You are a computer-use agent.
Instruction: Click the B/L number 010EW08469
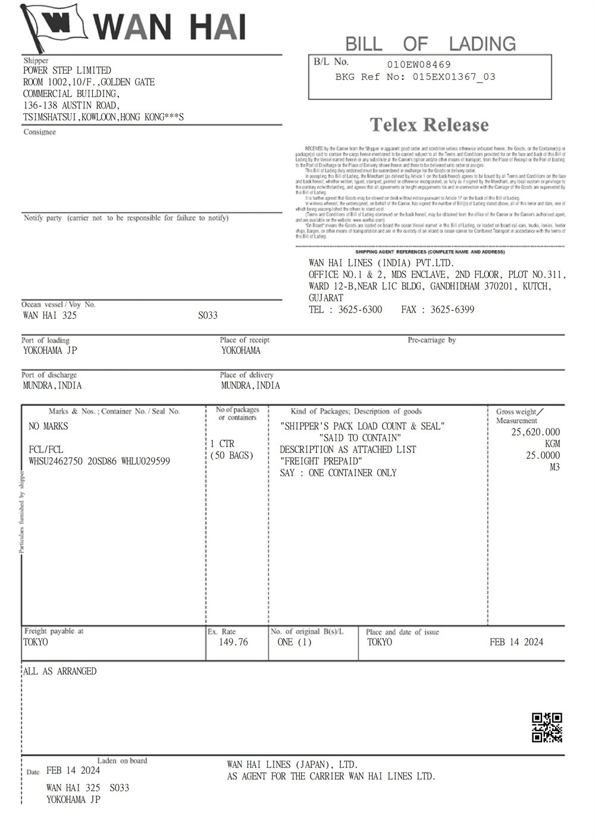(x=419, y=64)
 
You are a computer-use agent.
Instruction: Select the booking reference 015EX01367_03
(x=454, y=77)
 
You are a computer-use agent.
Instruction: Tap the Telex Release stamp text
(x=429, y=125)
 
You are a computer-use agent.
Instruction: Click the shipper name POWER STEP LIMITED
(x=67, y=70)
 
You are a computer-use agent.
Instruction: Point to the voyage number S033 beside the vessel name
(x=208, y=316)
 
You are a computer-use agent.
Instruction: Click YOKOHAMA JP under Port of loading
(x=50, y=351)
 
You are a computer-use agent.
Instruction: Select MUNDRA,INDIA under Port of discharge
(x=52, y=385)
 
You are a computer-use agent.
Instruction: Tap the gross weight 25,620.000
(x=535, y=432)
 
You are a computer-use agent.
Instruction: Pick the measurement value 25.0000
(x=543, y=455)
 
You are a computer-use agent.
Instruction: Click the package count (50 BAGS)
(x=232, y=455)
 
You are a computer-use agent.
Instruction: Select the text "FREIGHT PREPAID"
(x=321, y=461)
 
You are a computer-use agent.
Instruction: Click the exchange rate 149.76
(x=233, y=642)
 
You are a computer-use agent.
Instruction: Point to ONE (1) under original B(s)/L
(x=295, y=642)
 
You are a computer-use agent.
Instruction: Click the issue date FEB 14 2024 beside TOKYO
(x=516, y=642)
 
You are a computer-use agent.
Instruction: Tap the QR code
(x=547, y=727)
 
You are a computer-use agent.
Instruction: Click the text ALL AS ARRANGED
(x=59, y=672)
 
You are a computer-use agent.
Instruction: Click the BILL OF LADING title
(x=430, y=43)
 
